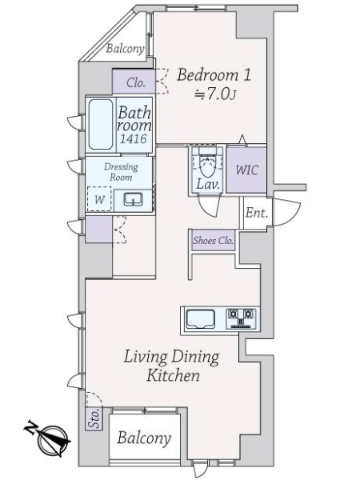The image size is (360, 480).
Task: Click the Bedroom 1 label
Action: coord(214,75)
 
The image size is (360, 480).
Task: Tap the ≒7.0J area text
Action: coord(215,95)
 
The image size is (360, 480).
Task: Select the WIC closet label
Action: coord(246,170)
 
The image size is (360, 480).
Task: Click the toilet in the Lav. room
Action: coord(207,163)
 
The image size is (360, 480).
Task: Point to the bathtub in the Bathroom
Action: coord(101,124)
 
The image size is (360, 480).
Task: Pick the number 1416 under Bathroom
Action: coord(133,139)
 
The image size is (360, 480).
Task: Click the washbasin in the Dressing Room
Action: coord(133,199)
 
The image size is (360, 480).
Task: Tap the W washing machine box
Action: coord(99,198)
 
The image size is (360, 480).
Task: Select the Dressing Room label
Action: coord(121,172)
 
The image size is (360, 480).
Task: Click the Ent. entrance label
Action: coord(257,213)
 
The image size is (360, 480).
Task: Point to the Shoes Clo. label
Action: coord(213,241)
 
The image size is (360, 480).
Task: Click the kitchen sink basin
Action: coord(201,318)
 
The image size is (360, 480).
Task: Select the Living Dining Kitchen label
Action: coord(172,366)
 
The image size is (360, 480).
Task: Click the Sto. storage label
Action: coord(94,418)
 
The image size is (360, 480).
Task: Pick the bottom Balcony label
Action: coord(144,438)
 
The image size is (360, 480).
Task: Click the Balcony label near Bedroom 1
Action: coord(126,49)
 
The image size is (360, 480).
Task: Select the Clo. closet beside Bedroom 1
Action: coord(136,82)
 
